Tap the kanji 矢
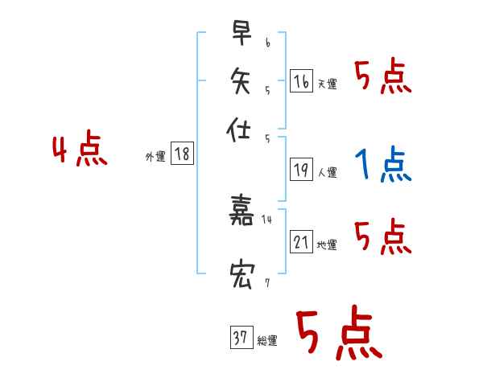pos(241,81)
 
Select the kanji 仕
pos(241,129)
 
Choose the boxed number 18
pos(183,154)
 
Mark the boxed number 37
pos(240,338)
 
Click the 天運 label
pos(328,84)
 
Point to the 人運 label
pos(328,172)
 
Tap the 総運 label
pos(267,341)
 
